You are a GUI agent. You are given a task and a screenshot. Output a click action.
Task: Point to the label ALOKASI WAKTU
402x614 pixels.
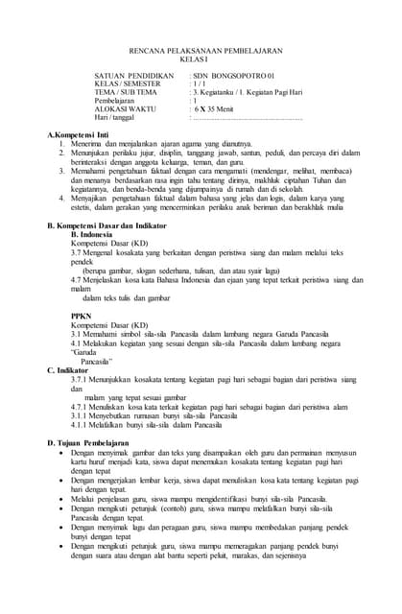(125, 108)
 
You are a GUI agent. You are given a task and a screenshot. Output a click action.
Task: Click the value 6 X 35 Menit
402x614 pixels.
(220, 108)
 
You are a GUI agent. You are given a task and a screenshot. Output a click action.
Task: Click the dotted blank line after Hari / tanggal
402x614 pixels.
(248, 117)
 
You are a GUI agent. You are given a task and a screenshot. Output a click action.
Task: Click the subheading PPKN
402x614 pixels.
(81, 315)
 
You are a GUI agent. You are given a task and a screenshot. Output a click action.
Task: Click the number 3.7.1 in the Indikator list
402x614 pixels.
(79, 379)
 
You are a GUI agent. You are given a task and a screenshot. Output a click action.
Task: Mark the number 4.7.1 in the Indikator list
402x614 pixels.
(79, 407)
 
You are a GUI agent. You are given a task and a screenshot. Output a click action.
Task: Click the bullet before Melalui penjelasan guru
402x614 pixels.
(62, 499)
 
